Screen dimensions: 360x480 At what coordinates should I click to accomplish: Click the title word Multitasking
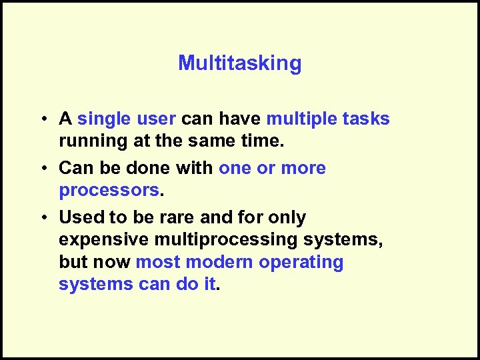[x=239, y=64]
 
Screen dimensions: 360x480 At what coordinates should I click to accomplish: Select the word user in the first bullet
[x=155, y=119]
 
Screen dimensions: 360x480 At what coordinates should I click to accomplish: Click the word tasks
[x=365, y=119]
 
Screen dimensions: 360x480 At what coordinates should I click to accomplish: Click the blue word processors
[x=109, y=190]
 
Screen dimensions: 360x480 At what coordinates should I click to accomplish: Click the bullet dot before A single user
[x=42, y=119]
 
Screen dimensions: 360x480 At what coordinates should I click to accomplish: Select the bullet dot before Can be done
[x=42, y=169]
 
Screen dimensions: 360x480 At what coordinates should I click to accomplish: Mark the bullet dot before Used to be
[x=42, y=218]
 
